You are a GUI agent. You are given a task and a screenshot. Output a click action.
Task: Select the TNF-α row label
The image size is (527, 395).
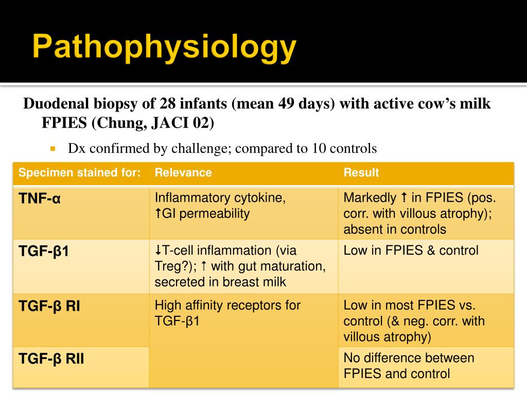40,198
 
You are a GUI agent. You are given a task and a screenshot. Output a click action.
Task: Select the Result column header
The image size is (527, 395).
361,173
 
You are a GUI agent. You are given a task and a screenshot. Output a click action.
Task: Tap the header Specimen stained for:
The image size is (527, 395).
80,173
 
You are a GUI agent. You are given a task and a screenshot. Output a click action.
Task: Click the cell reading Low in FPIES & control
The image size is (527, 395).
411,251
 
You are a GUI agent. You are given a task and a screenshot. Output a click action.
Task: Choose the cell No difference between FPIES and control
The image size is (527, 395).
409,366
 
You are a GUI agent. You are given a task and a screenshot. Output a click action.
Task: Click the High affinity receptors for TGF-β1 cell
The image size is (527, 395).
227,313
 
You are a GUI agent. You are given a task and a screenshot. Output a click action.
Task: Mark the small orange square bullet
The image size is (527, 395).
52,149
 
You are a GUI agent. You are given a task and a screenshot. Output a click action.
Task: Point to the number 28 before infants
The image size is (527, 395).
167,104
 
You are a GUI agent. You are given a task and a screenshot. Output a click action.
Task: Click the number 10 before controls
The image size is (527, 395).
318,149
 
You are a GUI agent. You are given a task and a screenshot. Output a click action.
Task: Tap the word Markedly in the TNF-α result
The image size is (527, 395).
370,197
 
